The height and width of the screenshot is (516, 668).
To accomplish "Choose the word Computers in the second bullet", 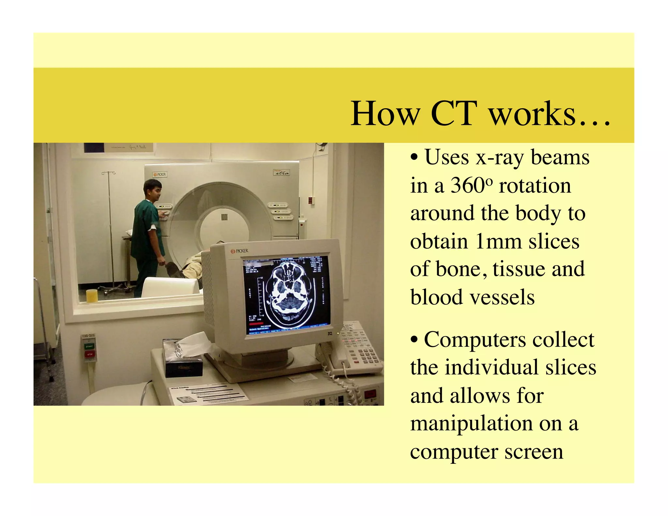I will coord(475,340).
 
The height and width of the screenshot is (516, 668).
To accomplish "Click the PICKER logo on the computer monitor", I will coord(240,251).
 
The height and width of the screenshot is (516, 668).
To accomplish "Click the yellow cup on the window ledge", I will coord(92,295).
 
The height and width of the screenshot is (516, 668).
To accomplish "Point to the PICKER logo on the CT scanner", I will coord(159,175).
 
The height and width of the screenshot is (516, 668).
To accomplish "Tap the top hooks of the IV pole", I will coord(109,173).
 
